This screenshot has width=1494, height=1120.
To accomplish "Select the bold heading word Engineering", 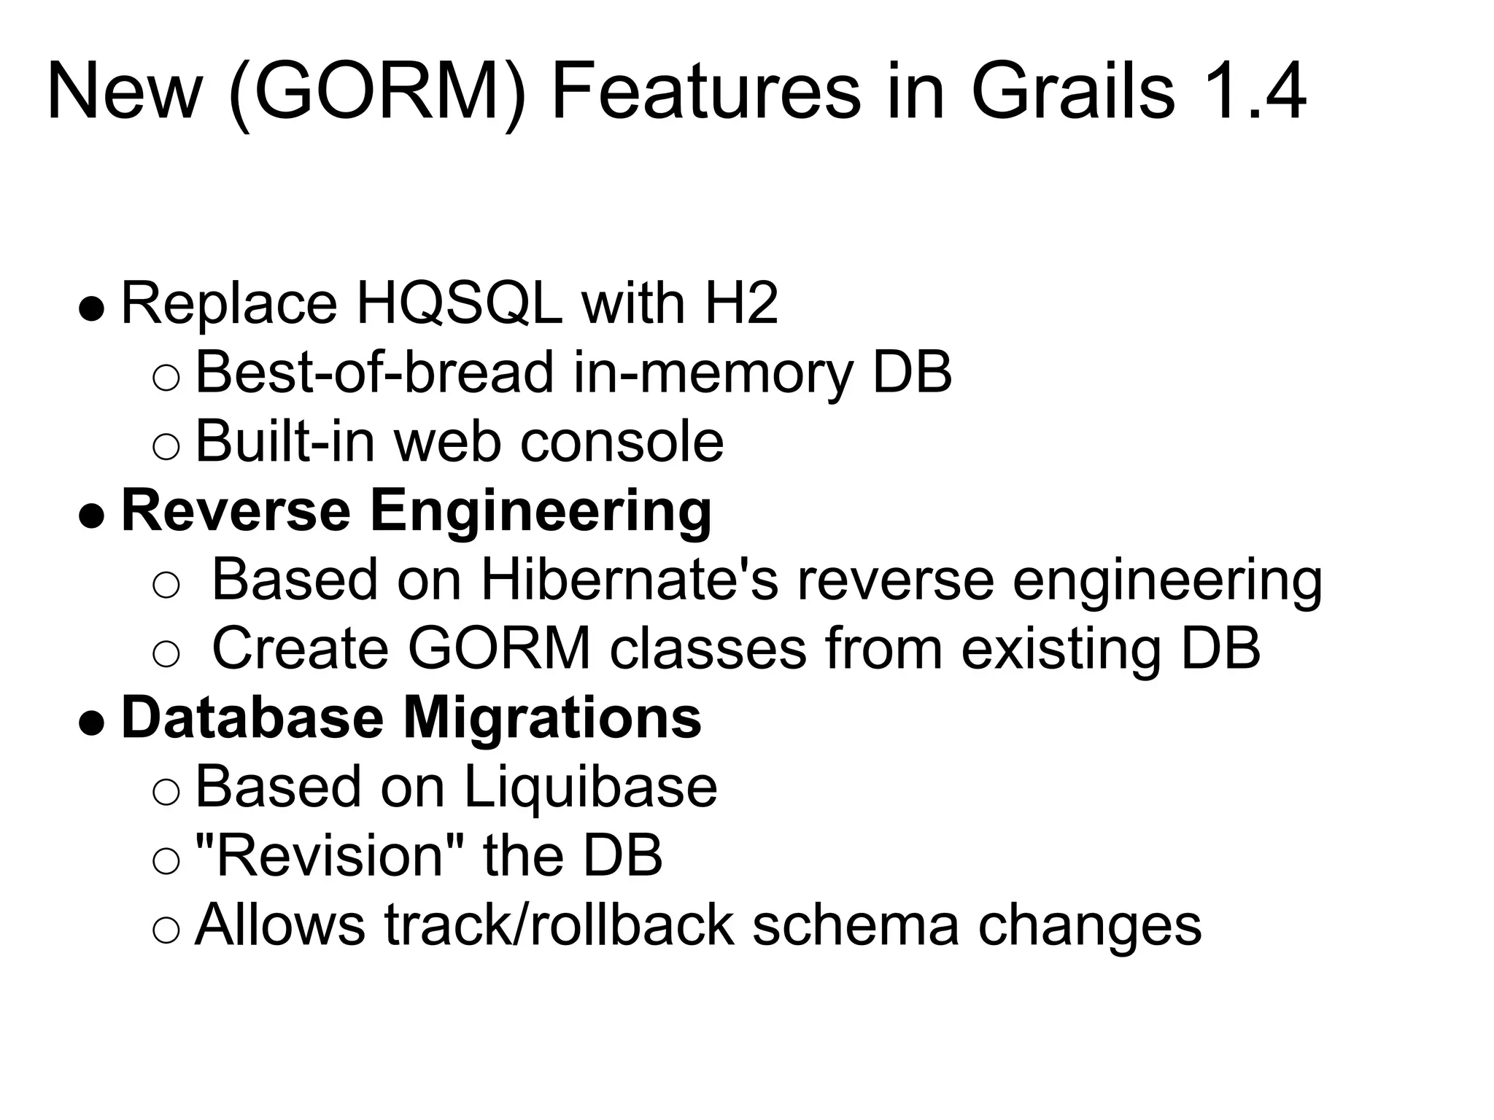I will point(541,512).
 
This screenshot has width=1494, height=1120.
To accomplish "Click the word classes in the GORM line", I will point(708,648).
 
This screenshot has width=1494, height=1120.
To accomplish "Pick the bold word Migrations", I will point(552,717).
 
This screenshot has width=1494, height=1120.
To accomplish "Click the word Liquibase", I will point(590,787).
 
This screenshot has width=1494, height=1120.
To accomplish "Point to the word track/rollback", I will point(559,925).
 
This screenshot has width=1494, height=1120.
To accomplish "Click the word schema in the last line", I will point(854,925).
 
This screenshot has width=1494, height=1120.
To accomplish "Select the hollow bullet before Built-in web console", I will point(166,447).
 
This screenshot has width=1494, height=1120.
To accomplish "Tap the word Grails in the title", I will point(1073,93).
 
